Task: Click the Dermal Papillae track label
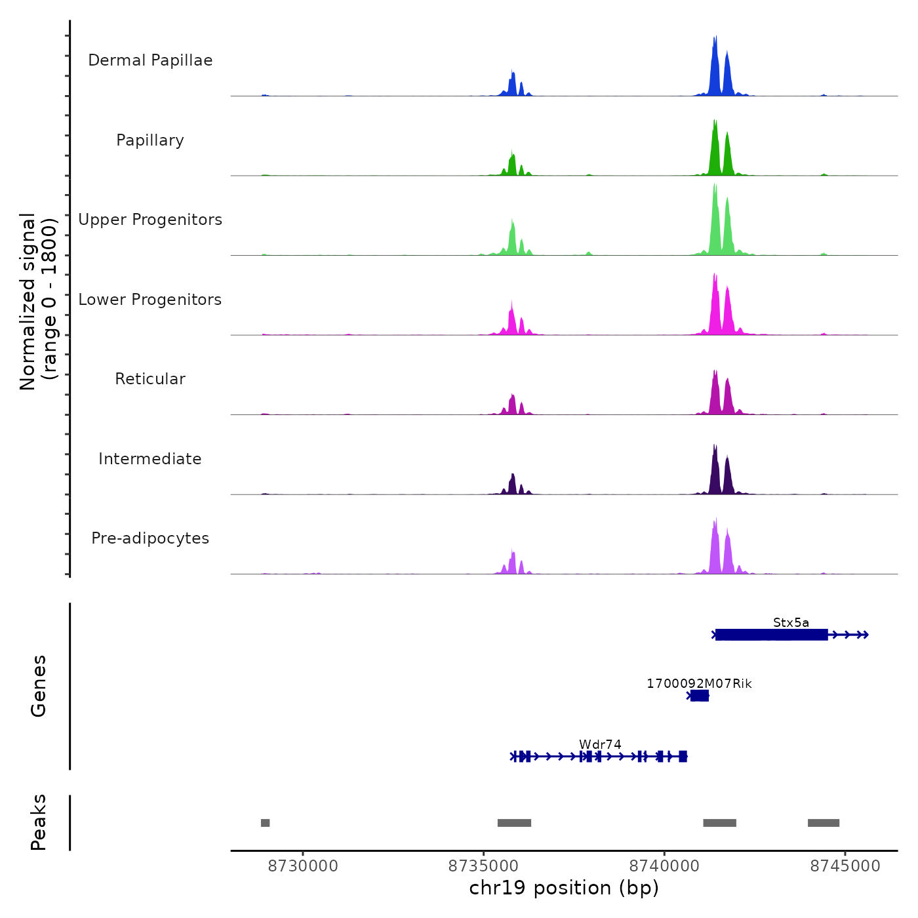150,60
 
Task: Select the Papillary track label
150,140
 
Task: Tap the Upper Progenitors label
150,220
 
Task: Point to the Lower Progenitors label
150,300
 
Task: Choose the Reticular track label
150,379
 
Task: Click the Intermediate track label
150,459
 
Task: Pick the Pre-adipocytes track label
150,538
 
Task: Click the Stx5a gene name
791,623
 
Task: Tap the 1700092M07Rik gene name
699,684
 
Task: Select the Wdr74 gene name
600,744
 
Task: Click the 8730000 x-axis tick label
303,866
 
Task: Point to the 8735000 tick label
484,866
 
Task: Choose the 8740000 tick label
664,866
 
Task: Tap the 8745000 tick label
845,866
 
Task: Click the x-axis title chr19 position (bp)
564,888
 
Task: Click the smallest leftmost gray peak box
266,823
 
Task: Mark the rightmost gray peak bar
824,823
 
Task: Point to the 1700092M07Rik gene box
700,696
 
